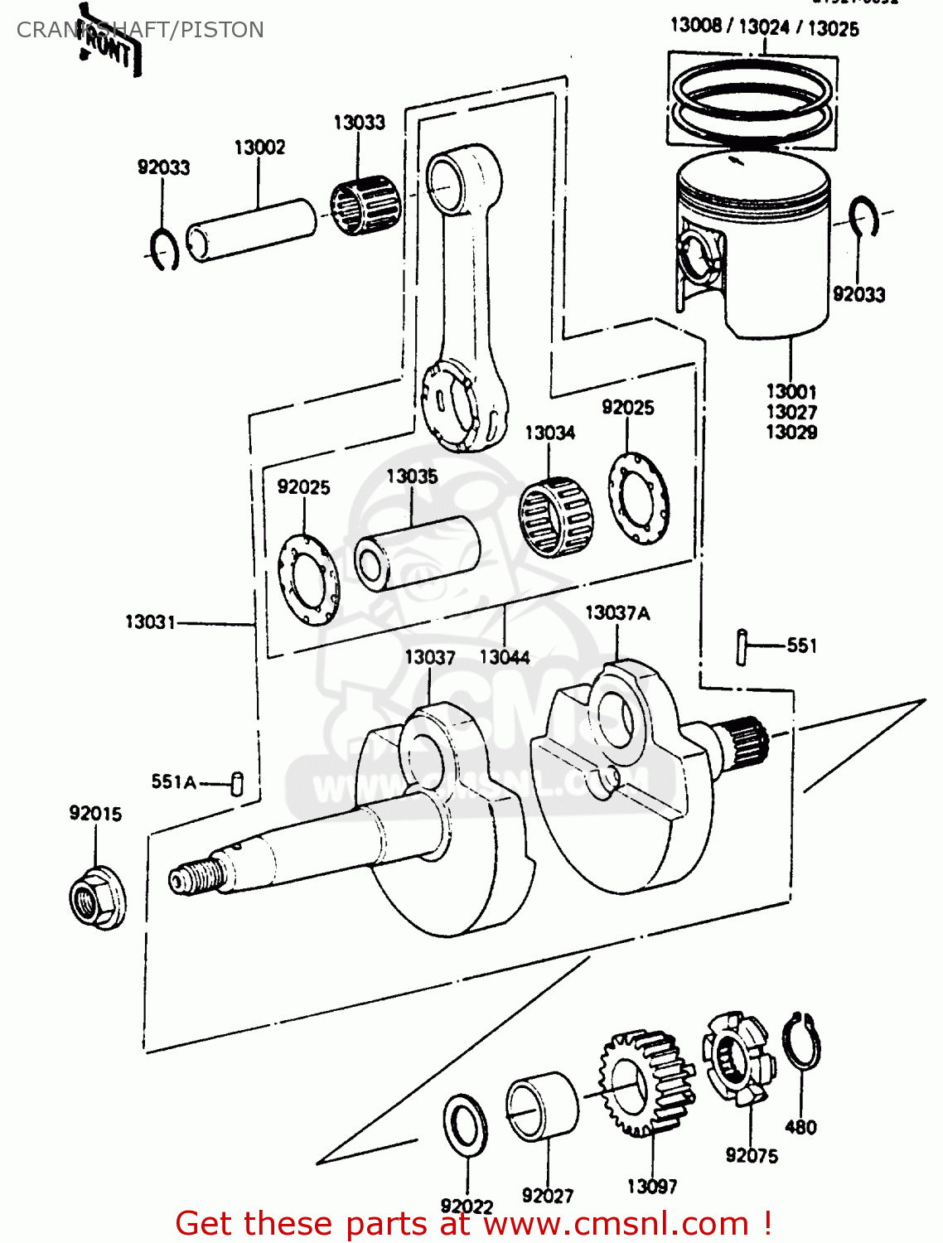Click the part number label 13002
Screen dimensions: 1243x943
coord(259,148)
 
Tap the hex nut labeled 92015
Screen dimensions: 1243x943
coord(96,897)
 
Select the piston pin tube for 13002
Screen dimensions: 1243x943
coord(251,229)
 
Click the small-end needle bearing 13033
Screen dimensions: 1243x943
coord(365,205)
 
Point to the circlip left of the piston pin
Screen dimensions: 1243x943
coord(165,249)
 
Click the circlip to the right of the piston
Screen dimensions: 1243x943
coord(864,217)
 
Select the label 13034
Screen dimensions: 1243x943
coord(549,433)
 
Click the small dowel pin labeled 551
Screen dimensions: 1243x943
coord(742,646)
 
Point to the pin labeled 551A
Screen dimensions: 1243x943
coord(237,783)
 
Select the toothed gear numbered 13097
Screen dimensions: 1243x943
coord(647,1083)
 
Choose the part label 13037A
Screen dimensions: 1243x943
coord(617,613)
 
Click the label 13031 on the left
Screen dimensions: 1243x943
coord(150,621)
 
